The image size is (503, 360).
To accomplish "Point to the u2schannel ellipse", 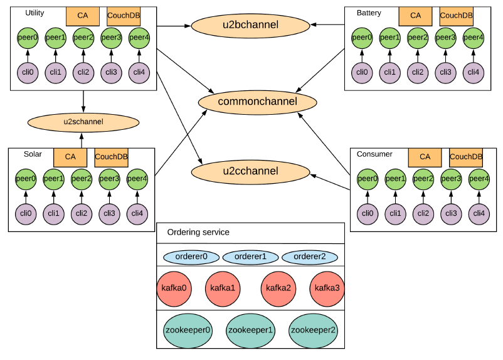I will pyautogui.click(x=83, y=120).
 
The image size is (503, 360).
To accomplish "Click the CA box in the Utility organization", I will pyautogui.click(x=83, y=15).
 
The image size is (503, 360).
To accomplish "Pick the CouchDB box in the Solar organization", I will pyautogui.click(x=111, y=157).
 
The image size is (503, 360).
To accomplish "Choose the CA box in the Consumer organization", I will pyautogui.click(x=425, y=157).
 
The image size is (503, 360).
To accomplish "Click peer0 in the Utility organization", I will pyautogui.click(x=28, y=38).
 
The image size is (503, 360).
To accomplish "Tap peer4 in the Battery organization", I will pyautogui.click(x=474, y=38).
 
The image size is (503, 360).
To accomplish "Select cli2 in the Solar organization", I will pyautogui.click(x=82, y=213).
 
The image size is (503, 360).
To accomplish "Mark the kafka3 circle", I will pyautogui.click(x=327, y=289).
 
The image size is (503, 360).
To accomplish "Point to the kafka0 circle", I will pyautogui.click(x=174, y=289).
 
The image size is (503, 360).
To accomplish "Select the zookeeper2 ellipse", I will pyautogui.click(x=312, y=330).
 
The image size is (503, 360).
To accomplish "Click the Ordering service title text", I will pyautogui.click(x=198, y=233).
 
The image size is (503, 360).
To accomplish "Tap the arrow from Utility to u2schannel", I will pyautogui.click(x=83, y=101).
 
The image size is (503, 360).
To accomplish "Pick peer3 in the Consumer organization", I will pyautogui.click(x=451, y=179).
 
